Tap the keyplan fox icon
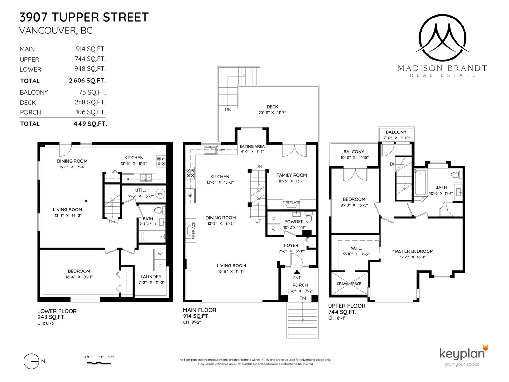[485, 349]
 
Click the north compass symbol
[31, 361]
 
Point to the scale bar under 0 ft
[99, 363]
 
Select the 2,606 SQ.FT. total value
[87, 81]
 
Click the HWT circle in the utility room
[160, 194]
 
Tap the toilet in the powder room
[309, 217]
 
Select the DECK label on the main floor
[272, 107]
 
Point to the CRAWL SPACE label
[349, 283]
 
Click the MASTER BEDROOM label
[413, 251]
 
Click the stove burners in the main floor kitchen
[190, 173]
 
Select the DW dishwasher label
[222, 150]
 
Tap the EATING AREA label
[252, 146]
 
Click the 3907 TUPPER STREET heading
[84, 18]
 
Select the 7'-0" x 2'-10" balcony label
[397, 138]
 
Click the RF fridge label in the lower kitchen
[128, 179]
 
